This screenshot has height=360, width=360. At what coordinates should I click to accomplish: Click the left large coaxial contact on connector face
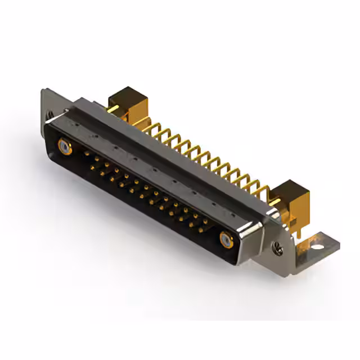pyautogui.click(x=65, y=148)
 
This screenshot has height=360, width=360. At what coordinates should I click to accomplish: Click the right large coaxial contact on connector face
pyautogui.click(x=227, y=240)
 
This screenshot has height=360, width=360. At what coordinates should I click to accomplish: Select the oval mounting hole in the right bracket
pyautogui.click(x=318, y=246)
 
